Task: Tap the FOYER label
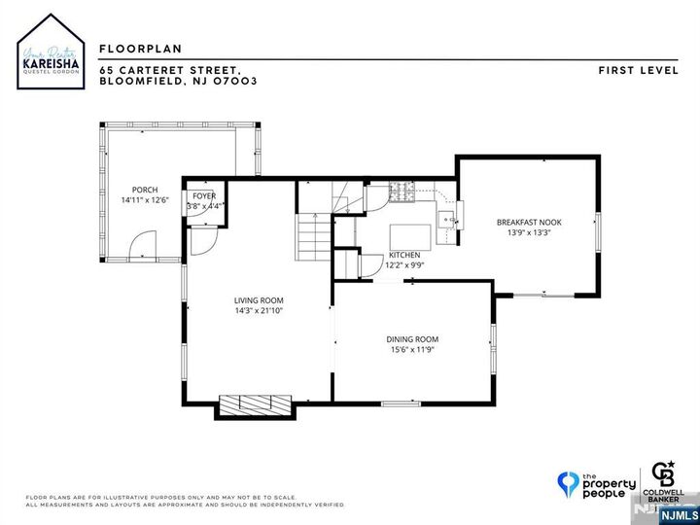(204, 195)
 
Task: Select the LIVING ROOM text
(258, 300)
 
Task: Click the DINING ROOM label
(414, 338)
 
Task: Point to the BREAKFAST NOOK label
(529, 222)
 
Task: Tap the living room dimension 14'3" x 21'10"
(258, 311)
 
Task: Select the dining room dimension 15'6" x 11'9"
(414, 349)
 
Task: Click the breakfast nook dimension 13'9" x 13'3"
(529, 232)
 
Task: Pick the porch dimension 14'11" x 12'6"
(144, 199)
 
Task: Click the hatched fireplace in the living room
(254, 403)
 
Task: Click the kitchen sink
(445, 220)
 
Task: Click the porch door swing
(144, 243)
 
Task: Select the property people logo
(595, 482)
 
